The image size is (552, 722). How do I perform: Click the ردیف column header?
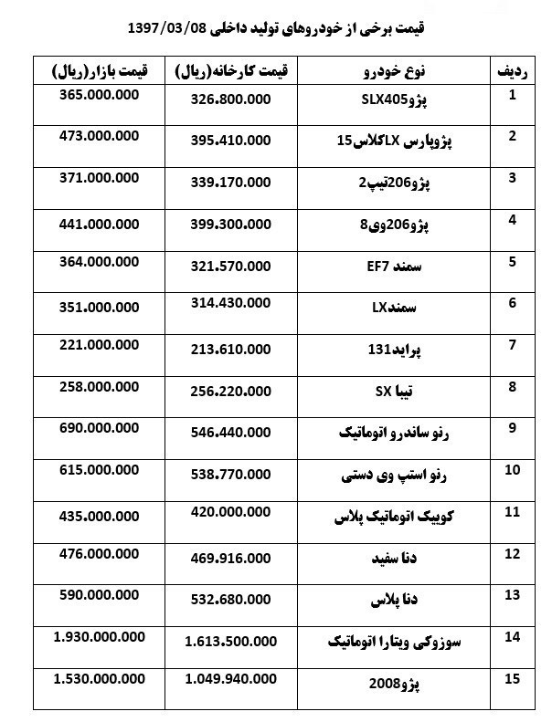[512, 71]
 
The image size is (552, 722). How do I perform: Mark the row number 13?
[512, 595]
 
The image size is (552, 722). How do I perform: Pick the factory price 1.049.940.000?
[229, 679]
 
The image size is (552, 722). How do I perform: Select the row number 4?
[513, 219]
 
